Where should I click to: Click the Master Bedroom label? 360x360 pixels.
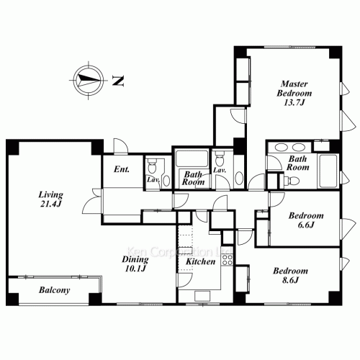point(294,93)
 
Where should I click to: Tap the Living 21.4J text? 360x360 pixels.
point(51,199)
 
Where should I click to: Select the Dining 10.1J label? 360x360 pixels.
point(135,264)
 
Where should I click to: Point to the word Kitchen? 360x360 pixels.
point(201,261)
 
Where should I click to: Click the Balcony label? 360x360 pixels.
point(55,290)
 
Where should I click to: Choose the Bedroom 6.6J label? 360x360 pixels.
point(306,220)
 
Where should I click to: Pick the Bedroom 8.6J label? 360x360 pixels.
point(290,275)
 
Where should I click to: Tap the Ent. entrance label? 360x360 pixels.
point(122,169)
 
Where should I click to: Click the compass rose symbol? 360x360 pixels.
point(89,80)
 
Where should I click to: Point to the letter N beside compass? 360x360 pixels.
point(118,81)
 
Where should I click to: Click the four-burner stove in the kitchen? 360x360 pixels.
point(227,260)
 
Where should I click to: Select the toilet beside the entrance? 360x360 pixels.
point(152,166)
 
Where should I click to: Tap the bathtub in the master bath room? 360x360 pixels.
point(328,171)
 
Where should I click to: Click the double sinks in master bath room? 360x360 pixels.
point(289,147)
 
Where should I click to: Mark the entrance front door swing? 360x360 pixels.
point(121,145)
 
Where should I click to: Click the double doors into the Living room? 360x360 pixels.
point(92,201)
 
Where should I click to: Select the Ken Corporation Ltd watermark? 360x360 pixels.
point(179,252)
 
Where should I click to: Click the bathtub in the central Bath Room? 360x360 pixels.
point(192,158)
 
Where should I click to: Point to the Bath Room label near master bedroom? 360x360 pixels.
point(297,163)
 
